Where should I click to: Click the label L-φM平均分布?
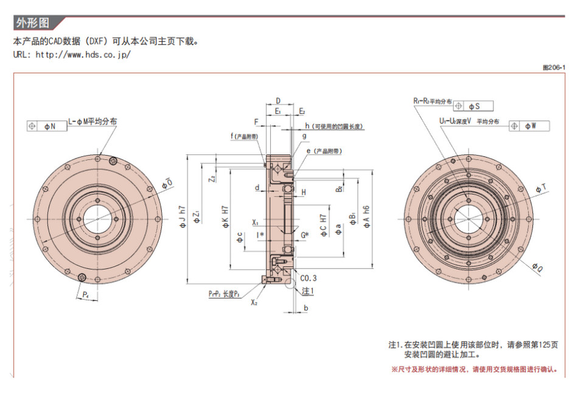[92, 121]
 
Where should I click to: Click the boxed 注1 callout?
[308, 291]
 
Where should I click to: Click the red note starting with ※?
[475, 369]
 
